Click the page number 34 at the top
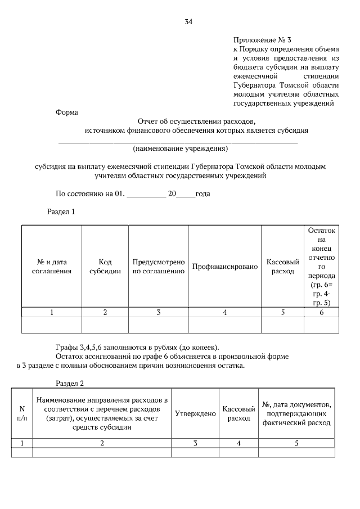[188, 22]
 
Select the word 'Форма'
[66, 112]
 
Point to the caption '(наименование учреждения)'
[180, 149]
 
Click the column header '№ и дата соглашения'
[52, 267]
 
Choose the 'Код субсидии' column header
[105, 267]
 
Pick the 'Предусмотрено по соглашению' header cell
[159, 267]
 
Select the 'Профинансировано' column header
[225, 267]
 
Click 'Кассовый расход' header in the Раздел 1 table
[282, 267]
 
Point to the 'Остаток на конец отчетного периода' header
[321, 267]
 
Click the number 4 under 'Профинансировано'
[225, 313]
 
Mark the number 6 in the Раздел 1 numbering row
[321, 313]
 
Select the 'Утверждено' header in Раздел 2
[195, 413]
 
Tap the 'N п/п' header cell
[22, 413]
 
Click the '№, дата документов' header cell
[296, 413]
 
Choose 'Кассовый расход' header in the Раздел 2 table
[238, 413]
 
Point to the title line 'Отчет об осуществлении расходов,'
[196, 121]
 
